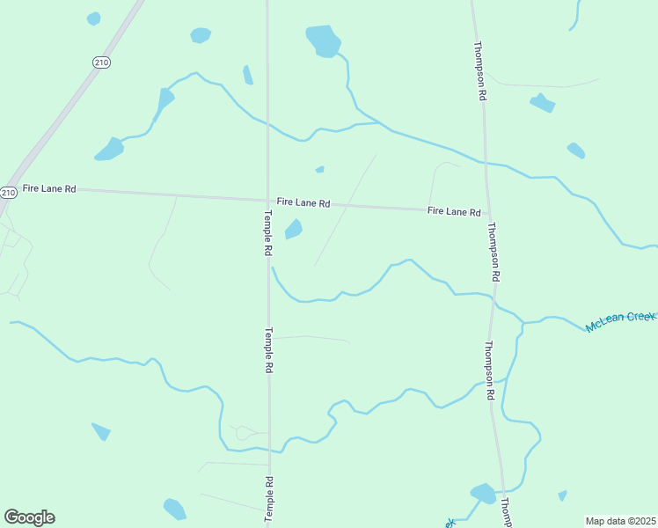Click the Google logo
(29, 517)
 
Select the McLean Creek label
(621, 321)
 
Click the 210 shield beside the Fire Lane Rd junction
(8, 193)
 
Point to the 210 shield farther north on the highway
(101, 61)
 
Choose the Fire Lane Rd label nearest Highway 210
(49, 188)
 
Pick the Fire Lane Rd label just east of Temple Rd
(303, 202)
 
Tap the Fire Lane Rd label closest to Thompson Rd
(454, 211)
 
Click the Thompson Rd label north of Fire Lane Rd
(480, 70)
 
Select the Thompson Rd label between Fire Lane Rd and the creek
(494, 251)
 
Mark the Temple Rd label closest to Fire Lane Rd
(267, 232)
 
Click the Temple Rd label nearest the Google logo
(269, 499)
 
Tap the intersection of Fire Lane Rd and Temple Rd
(267, 199)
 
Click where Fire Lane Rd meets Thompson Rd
(488, 212)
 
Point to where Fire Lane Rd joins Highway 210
(17, 187)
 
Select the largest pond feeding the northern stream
(323, 40)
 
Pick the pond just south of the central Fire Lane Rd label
(293, 230)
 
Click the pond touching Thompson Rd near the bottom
(483, 493)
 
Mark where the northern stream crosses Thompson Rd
(485, 162)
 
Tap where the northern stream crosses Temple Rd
(267, 123)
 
